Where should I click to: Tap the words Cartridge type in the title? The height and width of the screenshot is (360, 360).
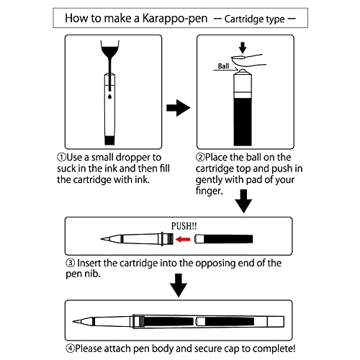click(258, 17)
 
